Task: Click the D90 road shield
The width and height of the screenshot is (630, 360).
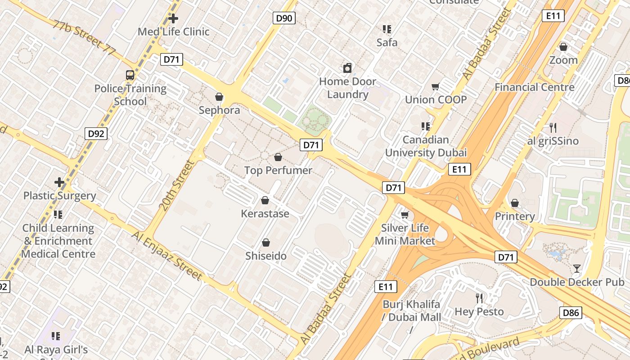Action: pyautogui.click(x=284, y=18)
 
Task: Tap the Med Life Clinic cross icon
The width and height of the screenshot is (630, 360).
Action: pyautogui.click(x=173, y=18)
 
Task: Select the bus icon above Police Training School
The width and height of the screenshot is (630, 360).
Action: pyautogui.click(x=130, y=75)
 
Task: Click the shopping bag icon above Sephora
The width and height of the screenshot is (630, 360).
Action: pyautogui.click(x=219, y=97)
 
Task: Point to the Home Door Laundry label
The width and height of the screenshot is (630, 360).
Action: pyautogui.click(x=347, y=88)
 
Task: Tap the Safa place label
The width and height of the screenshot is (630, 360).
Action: pyautogui.click(x=387, y=42)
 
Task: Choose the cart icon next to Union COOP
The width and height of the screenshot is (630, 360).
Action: pyautogui.click(x=435, y=86)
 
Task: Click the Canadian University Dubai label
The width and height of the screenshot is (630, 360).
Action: pyautogui.click(x=426, y=146)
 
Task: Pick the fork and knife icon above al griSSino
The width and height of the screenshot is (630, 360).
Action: pyautogui.click(x=553, y=127)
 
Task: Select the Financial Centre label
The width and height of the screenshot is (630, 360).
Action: pyautogui.click(x=535, y=87)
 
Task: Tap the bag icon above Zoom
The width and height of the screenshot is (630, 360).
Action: pyautogui.click(x=563, y=47)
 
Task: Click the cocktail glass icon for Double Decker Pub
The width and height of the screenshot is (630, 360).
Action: pyautogui.click(x=576, y=269)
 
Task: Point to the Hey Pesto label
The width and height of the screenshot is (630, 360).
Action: pyautogui.click(x=479, y=311)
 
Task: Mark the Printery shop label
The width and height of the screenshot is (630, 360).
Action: pyautogui.click(x=515, y=216)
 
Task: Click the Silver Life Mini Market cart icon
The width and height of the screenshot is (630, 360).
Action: pyautogui.click(x=405, y=215)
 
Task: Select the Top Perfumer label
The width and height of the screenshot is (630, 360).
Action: pyautogui.click(x=278, y=170)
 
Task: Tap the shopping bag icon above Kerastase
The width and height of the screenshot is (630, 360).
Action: pyautogui.click(x=265, y=200)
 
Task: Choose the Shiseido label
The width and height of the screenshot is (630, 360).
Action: pyautogui.click(x=266, y=256)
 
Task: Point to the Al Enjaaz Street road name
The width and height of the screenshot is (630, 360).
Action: pyautogui.click(x=167, y=256)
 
